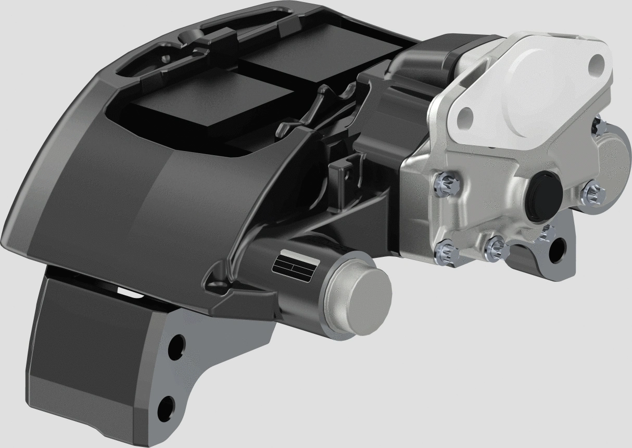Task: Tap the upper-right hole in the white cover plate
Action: (597, 64)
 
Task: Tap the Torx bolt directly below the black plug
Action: (495, 246)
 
